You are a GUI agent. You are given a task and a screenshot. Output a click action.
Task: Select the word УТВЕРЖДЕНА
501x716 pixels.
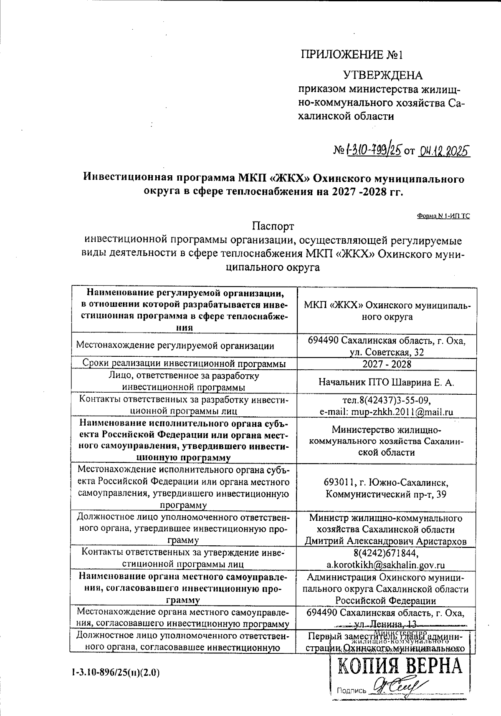(382, 76)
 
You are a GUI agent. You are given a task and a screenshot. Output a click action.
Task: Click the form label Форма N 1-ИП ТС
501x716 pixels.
(443, 216)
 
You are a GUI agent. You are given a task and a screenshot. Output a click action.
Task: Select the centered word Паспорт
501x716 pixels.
(273, 227)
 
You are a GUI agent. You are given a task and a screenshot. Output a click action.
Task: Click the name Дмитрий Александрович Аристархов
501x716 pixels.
(386, 541)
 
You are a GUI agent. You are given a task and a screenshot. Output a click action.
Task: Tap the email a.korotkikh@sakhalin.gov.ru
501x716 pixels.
(386, 565)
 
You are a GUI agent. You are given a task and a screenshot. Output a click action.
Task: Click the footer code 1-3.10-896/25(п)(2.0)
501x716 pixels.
(116, 672)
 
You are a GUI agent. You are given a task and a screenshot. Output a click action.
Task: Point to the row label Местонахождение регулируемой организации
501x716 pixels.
(175, 345)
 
